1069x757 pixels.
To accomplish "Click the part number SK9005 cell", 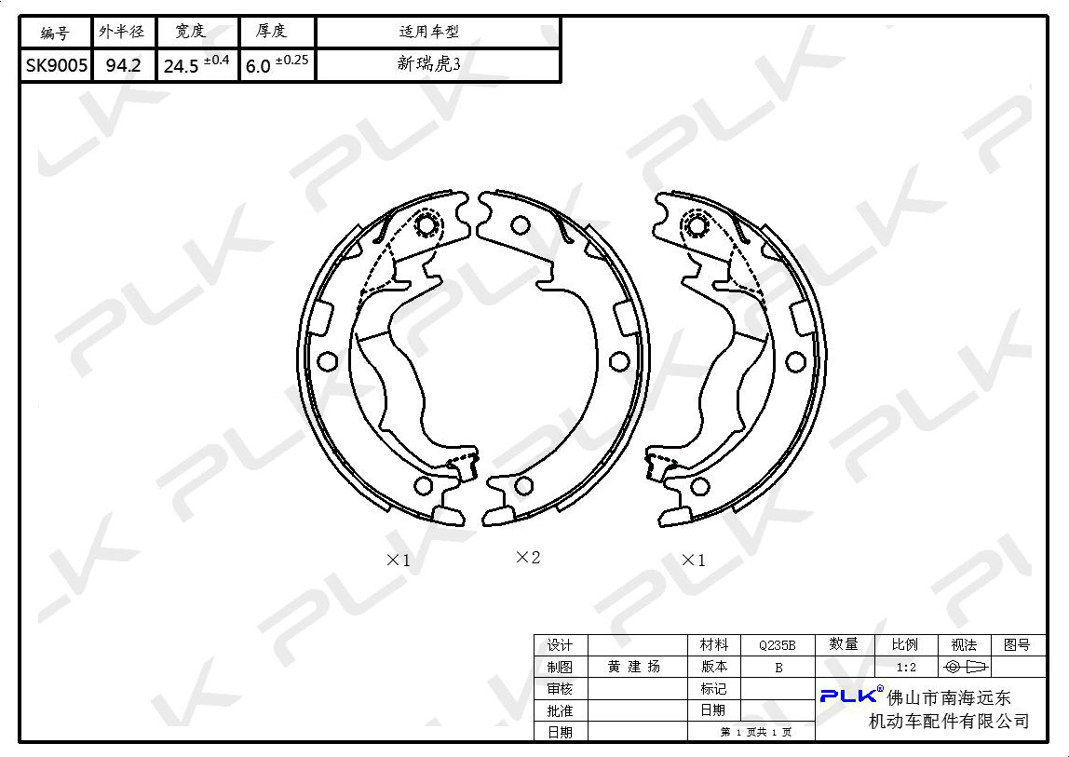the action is coord(57,65).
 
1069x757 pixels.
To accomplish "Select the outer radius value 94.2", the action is coord(124,65).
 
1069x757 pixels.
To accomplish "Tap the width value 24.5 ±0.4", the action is coord(196,64).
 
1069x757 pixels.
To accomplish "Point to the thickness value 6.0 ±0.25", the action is coord(277,64).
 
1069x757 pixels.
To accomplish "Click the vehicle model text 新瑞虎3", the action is coord(429,64).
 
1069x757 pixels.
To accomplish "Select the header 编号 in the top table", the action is coord(55,32).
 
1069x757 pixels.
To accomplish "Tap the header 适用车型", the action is coord(429,32).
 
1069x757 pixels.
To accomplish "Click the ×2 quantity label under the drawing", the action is coord(528,557).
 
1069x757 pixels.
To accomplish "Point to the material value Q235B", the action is coord(778,645).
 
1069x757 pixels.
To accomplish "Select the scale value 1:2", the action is coord(906,668).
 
